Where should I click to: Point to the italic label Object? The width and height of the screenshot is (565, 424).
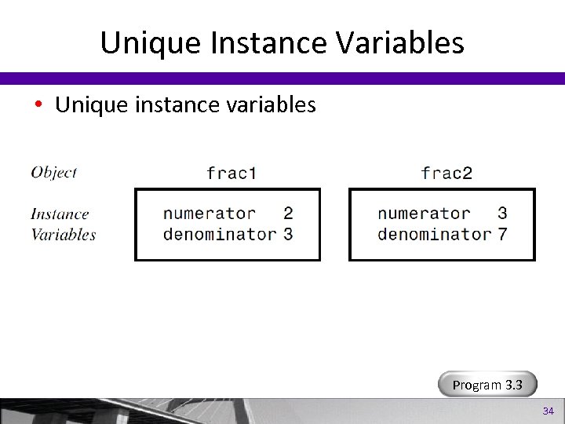pos(54,172)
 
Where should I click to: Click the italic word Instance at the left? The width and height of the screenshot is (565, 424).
pos(60,214)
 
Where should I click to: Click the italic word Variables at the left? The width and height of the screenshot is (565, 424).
pos(64,234)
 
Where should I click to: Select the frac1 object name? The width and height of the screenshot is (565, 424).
pos(231,173)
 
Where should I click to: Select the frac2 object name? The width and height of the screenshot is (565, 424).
pos(447,173)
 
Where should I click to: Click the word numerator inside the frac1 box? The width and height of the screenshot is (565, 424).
pos(210,214)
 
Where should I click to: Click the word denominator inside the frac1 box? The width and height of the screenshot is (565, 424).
pos(220,234)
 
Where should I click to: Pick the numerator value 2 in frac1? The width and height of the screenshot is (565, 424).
pos(288,214)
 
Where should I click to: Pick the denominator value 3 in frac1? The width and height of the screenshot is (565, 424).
pos(288,234)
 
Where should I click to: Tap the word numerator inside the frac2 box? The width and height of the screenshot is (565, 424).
pos(424,214)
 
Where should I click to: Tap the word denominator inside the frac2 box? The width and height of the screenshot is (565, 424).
pos(434,234)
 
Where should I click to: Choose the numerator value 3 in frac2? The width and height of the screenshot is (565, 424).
pos(502,214)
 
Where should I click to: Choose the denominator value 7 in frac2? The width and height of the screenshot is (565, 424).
pos(502,234)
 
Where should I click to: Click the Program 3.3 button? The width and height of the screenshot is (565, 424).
pos(488,385)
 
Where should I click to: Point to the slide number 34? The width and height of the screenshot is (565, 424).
pos(548,411)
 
